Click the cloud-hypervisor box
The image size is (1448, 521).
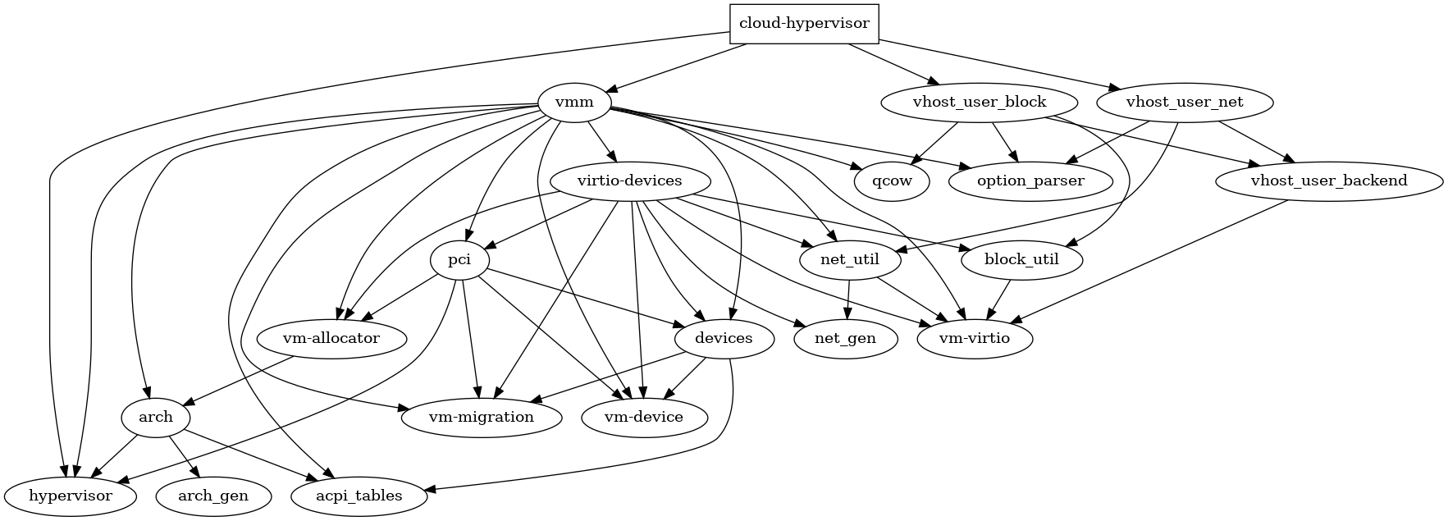[804, 23]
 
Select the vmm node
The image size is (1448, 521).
[574, 103]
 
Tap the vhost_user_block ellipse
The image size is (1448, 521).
[979, 103]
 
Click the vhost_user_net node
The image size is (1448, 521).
[1184, 103]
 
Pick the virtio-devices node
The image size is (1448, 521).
[629, 181]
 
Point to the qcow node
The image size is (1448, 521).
[892, 181]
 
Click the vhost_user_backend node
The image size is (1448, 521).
[1328, 181]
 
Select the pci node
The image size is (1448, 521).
[459, 260]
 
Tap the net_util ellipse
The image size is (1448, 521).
[849, 260]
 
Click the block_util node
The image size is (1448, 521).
[1021, 260]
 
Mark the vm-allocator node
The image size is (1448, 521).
[331, 338]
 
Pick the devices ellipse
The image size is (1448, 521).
[724, 338]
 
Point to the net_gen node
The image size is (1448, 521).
[845, 338]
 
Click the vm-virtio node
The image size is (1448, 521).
[974, 338]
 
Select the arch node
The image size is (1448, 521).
[155, 417]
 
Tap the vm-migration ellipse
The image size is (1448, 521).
[482, 417]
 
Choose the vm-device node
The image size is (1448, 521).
[644, 417]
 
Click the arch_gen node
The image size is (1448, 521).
[212, 496]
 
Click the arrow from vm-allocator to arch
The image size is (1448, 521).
[238, 380]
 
